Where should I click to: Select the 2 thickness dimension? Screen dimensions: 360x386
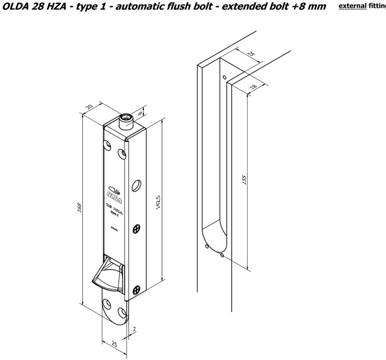pyautogui.click(x=135, y=329)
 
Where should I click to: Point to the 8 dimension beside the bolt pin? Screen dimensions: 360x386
pyautogui.click(x=141, y=113)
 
